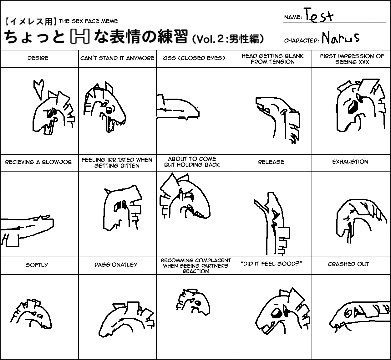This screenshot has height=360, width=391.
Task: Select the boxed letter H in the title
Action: pos(80,36)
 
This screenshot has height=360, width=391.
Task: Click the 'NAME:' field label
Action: pos(293,17)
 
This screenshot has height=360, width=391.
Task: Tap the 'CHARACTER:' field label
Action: pos(302,40)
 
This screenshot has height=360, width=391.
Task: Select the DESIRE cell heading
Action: pos(38,58)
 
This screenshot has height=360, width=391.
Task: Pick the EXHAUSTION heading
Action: pos(350,162)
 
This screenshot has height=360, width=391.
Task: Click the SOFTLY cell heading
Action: pos(37,265)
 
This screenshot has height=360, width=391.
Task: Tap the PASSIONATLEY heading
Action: pos(116,265)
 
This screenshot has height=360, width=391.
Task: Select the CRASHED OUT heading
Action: pos(348,264)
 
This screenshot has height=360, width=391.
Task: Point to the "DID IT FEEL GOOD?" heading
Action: pos(272,264)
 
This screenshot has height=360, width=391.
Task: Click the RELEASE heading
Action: pos(271,162)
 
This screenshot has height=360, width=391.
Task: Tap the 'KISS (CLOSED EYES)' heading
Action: pos(194,58)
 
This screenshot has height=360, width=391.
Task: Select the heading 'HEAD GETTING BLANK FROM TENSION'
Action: pos(273,59)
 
